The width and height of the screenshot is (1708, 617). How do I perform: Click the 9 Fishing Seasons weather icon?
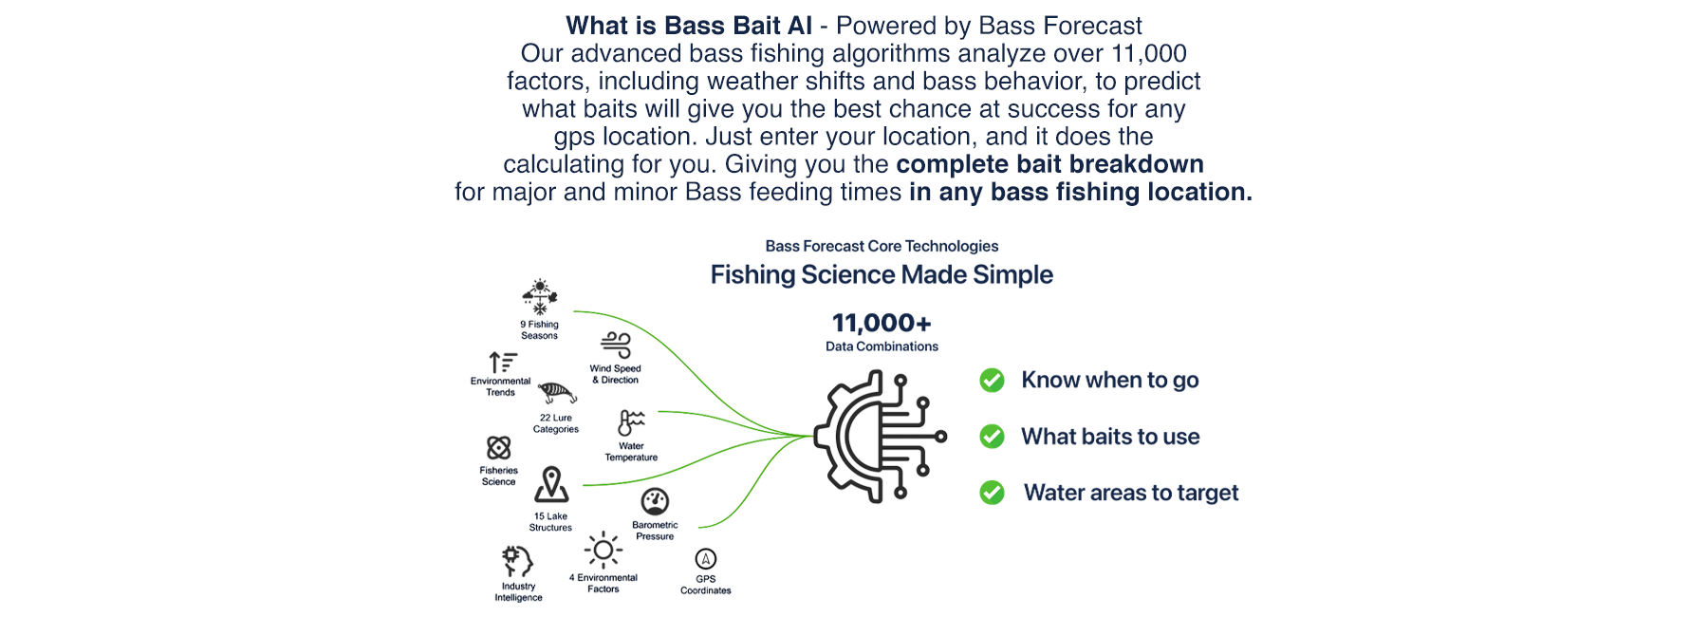point(540,297)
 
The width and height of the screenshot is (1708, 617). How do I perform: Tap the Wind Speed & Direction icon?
point(616,346)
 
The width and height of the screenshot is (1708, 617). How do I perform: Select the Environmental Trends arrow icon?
point(503,363)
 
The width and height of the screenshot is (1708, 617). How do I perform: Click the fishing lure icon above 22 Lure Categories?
point(557,393)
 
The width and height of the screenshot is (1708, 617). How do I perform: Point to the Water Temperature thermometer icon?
point(631,423)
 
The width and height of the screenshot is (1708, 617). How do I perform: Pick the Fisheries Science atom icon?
point(499,448)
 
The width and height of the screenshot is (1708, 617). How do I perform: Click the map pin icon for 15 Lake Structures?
point(551,485)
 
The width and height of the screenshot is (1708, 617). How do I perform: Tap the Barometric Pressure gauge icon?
point(655,501)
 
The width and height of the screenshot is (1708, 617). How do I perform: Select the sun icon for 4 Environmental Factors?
point(603,551)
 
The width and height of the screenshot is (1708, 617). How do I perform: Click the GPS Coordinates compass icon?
point(706,559)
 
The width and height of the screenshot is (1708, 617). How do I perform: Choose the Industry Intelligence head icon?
point(517,562)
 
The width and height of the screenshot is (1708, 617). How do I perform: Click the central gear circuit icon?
point(881,437)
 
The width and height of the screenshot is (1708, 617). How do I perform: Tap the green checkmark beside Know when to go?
point(993,381)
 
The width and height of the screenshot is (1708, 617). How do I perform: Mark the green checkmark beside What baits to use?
point(993,437)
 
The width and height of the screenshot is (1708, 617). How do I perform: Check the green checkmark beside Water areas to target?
point(993,493)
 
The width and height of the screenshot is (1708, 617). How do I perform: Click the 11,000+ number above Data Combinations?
point(882,324)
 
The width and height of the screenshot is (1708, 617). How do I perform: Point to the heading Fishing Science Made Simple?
point(882,275)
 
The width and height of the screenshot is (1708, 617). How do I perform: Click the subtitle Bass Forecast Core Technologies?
point(882,246)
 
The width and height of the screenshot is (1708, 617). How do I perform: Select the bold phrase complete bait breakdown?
point(1049,164)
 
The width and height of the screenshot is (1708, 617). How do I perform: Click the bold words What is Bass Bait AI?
point(689,26)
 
